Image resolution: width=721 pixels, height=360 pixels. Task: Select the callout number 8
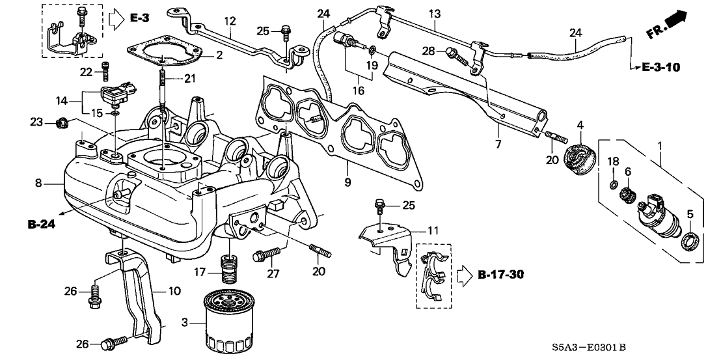coord(38,184)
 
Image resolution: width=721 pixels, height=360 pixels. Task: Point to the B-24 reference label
coord(40,225)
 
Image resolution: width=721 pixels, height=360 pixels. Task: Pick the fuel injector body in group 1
coord(658,212)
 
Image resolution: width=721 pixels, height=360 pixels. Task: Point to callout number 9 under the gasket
coord(347,183)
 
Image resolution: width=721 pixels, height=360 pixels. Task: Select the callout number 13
coord(435,14)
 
